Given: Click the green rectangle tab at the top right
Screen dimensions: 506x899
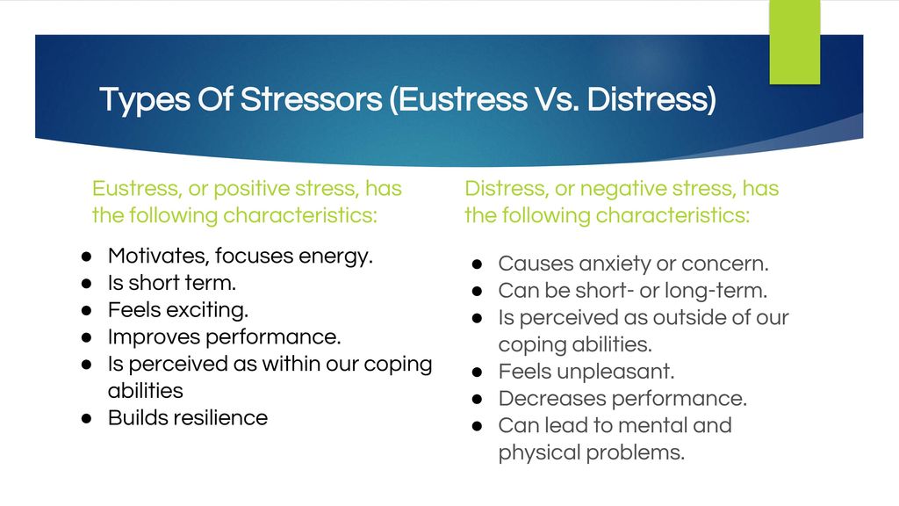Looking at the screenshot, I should coord(795,41).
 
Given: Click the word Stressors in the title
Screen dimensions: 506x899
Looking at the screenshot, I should coord(312,99).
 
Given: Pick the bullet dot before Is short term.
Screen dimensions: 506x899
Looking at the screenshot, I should coord(87,284).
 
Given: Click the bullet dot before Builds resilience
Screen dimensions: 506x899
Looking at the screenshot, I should coord(87,418).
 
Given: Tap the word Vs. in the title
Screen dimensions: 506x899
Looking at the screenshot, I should coord(556,99).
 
